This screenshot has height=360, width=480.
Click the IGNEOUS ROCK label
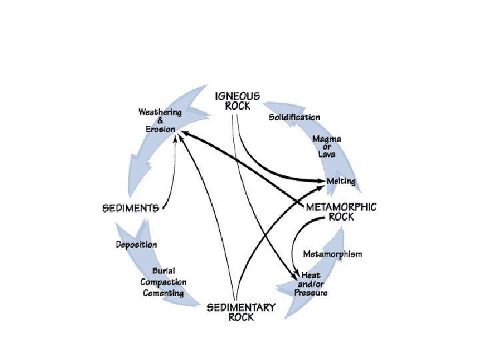pyautogui.click(x=237, y=101)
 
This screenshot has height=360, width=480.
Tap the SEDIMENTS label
pyautogui.click(x=130, y=207)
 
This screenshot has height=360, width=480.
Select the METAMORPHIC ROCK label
pyautogui.click(x=341, y=211)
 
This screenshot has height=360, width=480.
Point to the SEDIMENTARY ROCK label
pyautogui.click(x=241, y=312)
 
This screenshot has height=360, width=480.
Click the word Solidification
pyautogui.click(x=294, y=117)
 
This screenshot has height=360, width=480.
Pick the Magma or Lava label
pyautogui.click(x=327, y=146)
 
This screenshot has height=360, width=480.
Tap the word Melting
pyautogui.click(x=341, y=181)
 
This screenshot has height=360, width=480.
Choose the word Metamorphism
pyautogui.click(x=333, y=254)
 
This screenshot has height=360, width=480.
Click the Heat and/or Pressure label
pyautogui.click(x=311, y=284)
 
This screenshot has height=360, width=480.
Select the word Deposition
pyautogui.click(x=136, y=245)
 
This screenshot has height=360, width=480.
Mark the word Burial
pyautogui.click(x=163, y=271)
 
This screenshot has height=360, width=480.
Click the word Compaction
pyautogui.click(x=163, y=282)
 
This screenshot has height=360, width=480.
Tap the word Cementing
pyautogui.click(x=163, y=293)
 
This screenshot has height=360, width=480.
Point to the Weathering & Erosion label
pyautogui.click(x=160, y=119)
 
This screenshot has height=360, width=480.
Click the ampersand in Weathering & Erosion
pyautogui.click(x=160, y=119)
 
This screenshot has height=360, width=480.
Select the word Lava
pyautogui.click(x=327, y=154)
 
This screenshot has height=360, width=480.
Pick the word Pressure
pyautogui.click(x=311, y=293)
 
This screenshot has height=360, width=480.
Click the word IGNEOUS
pyautogui.click(x=237, y=96)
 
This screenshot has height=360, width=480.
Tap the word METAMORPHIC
pyautogui.click(x=341, y=207)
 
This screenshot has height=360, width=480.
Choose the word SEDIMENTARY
pyautogui.click(x=241, y=307)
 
